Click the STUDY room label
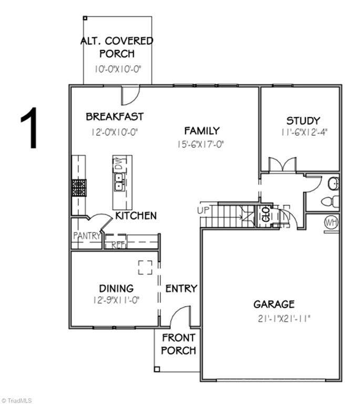303,121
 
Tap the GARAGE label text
274,304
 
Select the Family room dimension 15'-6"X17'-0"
200,144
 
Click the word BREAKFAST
115,116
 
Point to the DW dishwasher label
118,163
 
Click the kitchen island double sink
119,182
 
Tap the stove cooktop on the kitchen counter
79,188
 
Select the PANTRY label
87,236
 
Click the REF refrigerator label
119,245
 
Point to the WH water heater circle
332,223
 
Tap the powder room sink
334,184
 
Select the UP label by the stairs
203,210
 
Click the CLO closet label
266,214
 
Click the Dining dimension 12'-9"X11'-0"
116,300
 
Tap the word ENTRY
181,289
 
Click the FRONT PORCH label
179,344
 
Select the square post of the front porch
157,369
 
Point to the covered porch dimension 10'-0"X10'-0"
118,69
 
